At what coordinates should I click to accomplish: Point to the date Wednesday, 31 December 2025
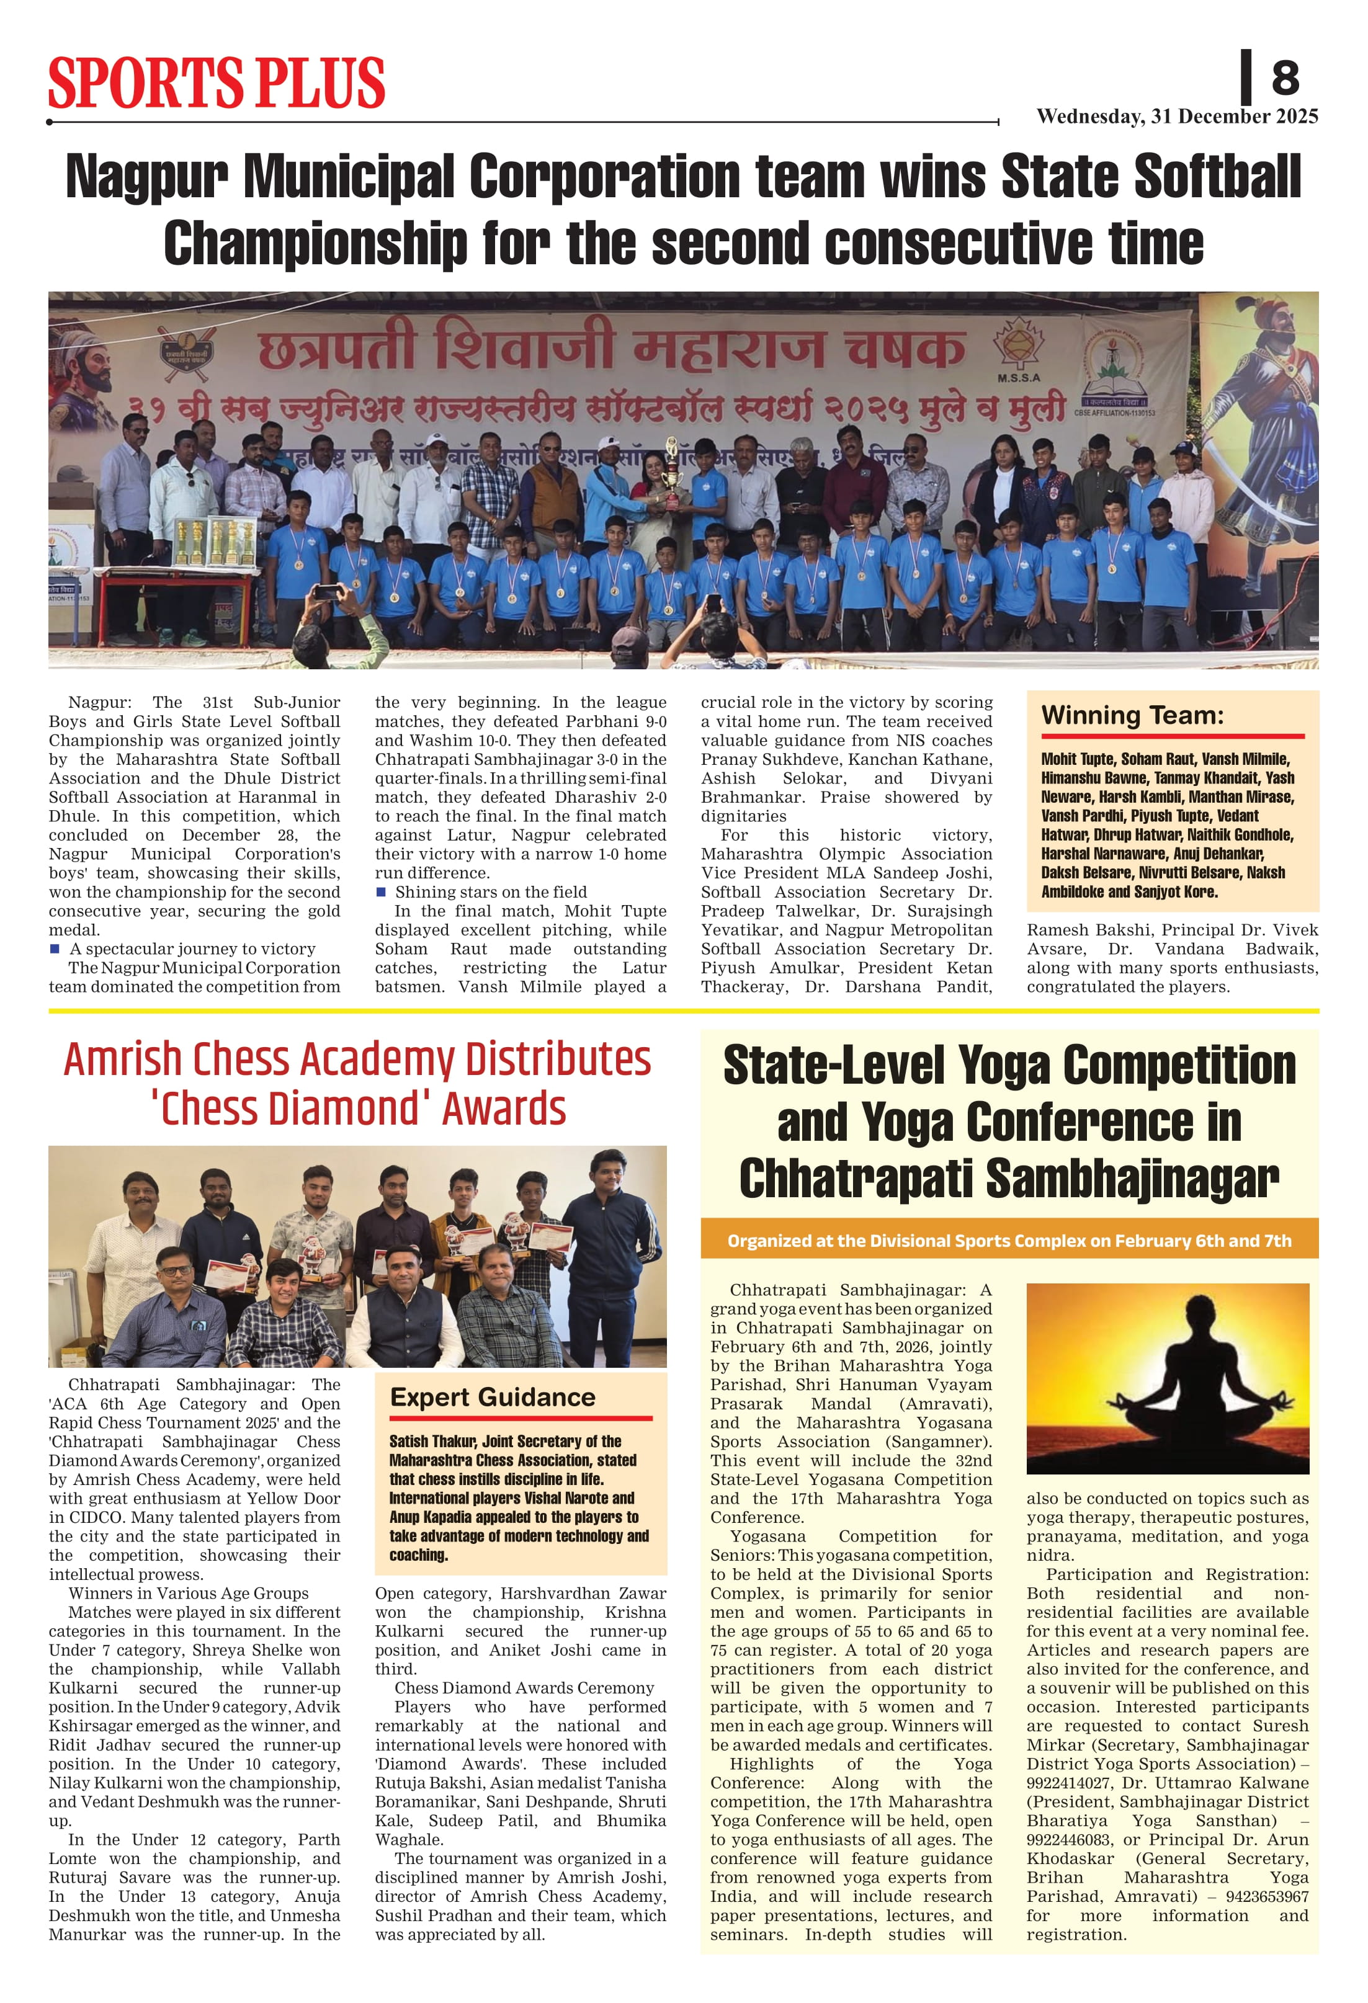1177,117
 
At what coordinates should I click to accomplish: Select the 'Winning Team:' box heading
1132,715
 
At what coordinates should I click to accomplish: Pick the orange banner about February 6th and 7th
1009,1240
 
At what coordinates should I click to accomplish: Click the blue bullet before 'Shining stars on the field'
380,892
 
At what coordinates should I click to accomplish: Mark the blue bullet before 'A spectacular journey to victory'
55,949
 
